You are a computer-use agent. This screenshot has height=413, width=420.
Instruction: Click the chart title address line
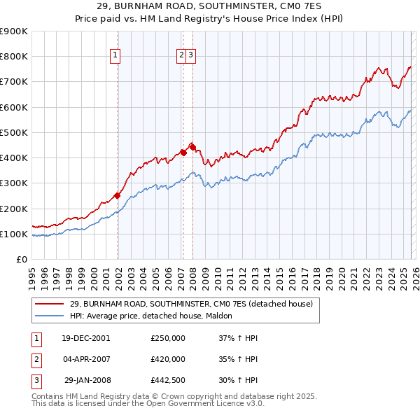click(x=209, y=7)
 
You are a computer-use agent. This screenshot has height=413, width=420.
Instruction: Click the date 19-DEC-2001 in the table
click(x=86, y=338)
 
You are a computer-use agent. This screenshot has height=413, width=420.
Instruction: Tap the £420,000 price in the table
click(x=168, y=359)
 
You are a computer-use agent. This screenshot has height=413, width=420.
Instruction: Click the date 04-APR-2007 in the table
click(x=86, y=359)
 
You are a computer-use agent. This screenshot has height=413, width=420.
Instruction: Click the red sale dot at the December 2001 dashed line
click(x=117, y=196)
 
